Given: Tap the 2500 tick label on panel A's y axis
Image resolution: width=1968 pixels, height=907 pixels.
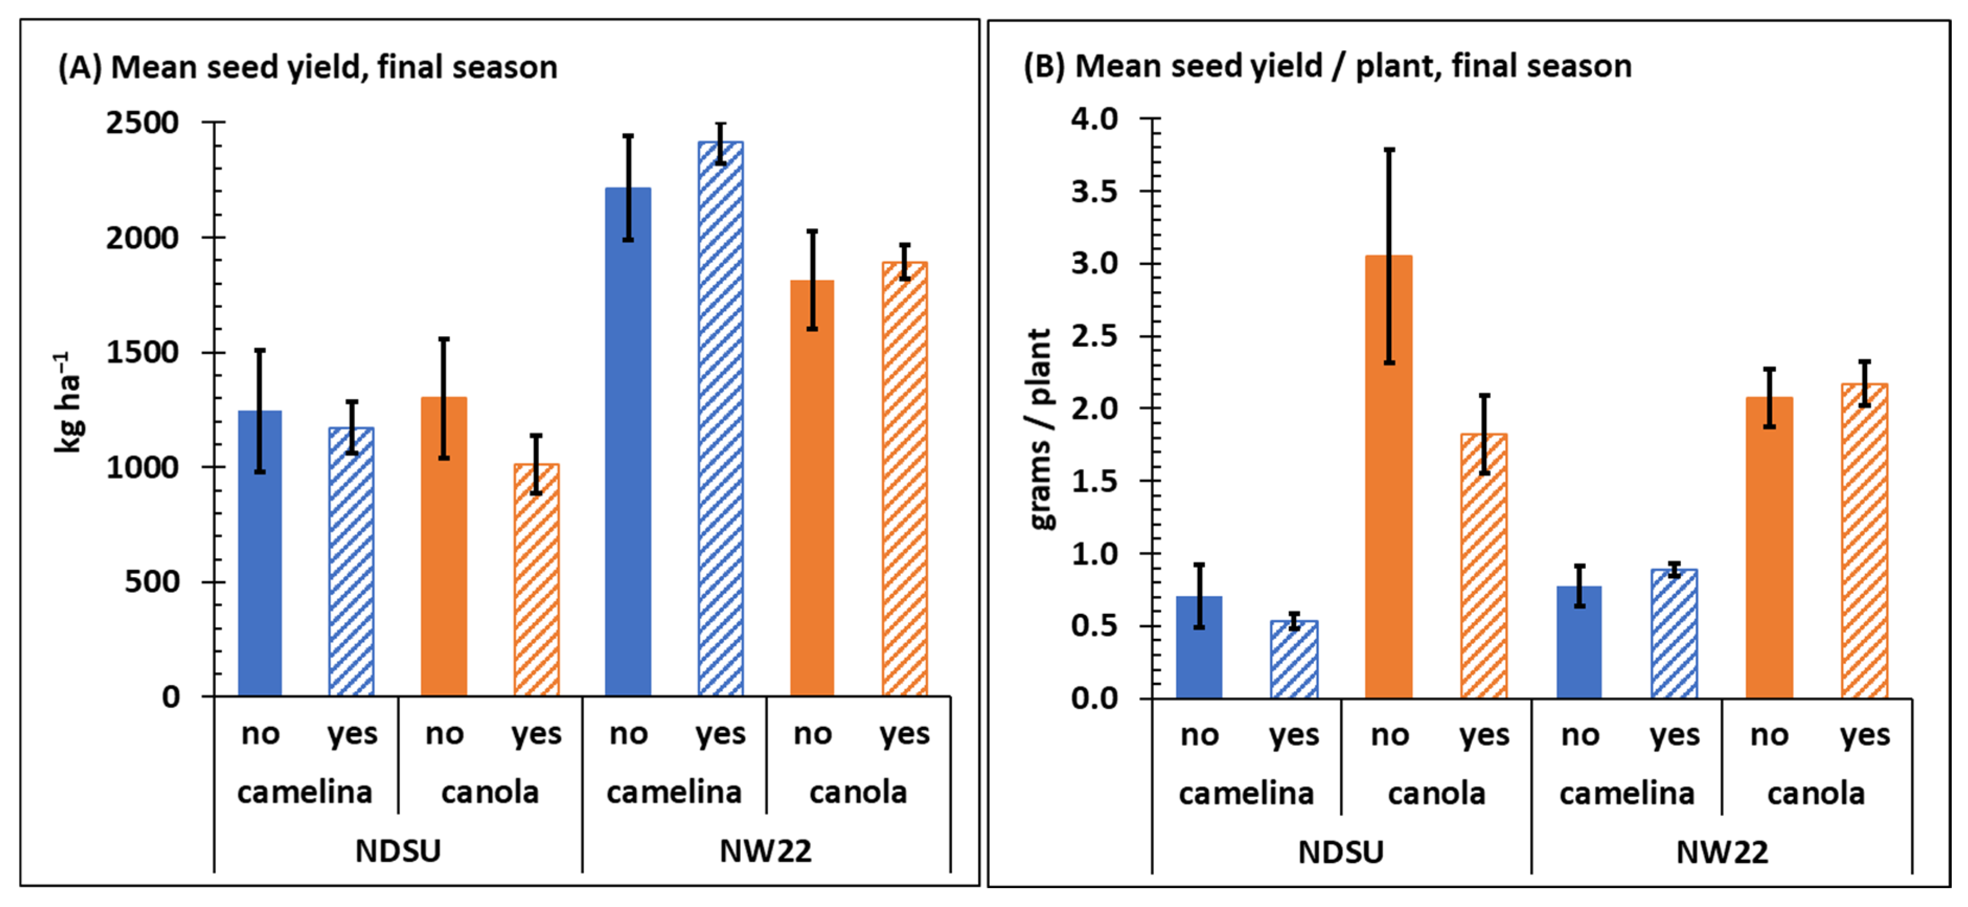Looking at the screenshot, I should tap(142, 122).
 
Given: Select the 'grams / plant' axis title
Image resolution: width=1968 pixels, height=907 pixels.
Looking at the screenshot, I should tap(1040, 429).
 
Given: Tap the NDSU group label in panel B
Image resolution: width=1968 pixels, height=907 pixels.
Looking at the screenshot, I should tap(1341, 852).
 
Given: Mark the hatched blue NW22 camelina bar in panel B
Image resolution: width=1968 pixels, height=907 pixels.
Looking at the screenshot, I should tap(1674, 634).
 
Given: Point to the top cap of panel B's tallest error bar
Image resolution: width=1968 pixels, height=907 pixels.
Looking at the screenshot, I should tap(1389, 150).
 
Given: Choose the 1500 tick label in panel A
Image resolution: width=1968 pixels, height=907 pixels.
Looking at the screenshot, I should tap(142, 352).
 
